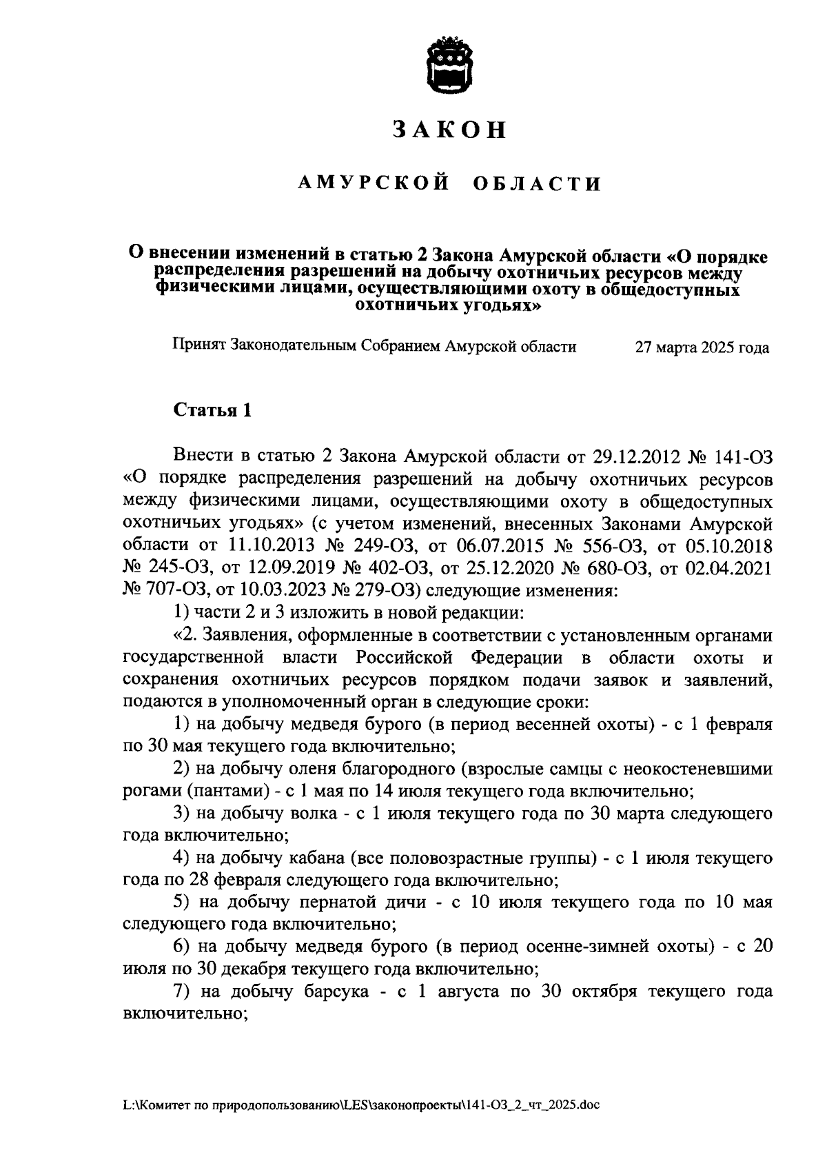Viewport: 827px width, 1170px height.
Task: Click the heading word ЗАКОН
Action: pos(449,130)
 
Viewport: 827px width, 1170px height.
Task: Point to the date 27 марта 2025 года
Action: pos(702,347)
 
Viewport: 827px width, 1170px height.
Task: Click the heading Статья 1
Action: pos(212,411)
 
